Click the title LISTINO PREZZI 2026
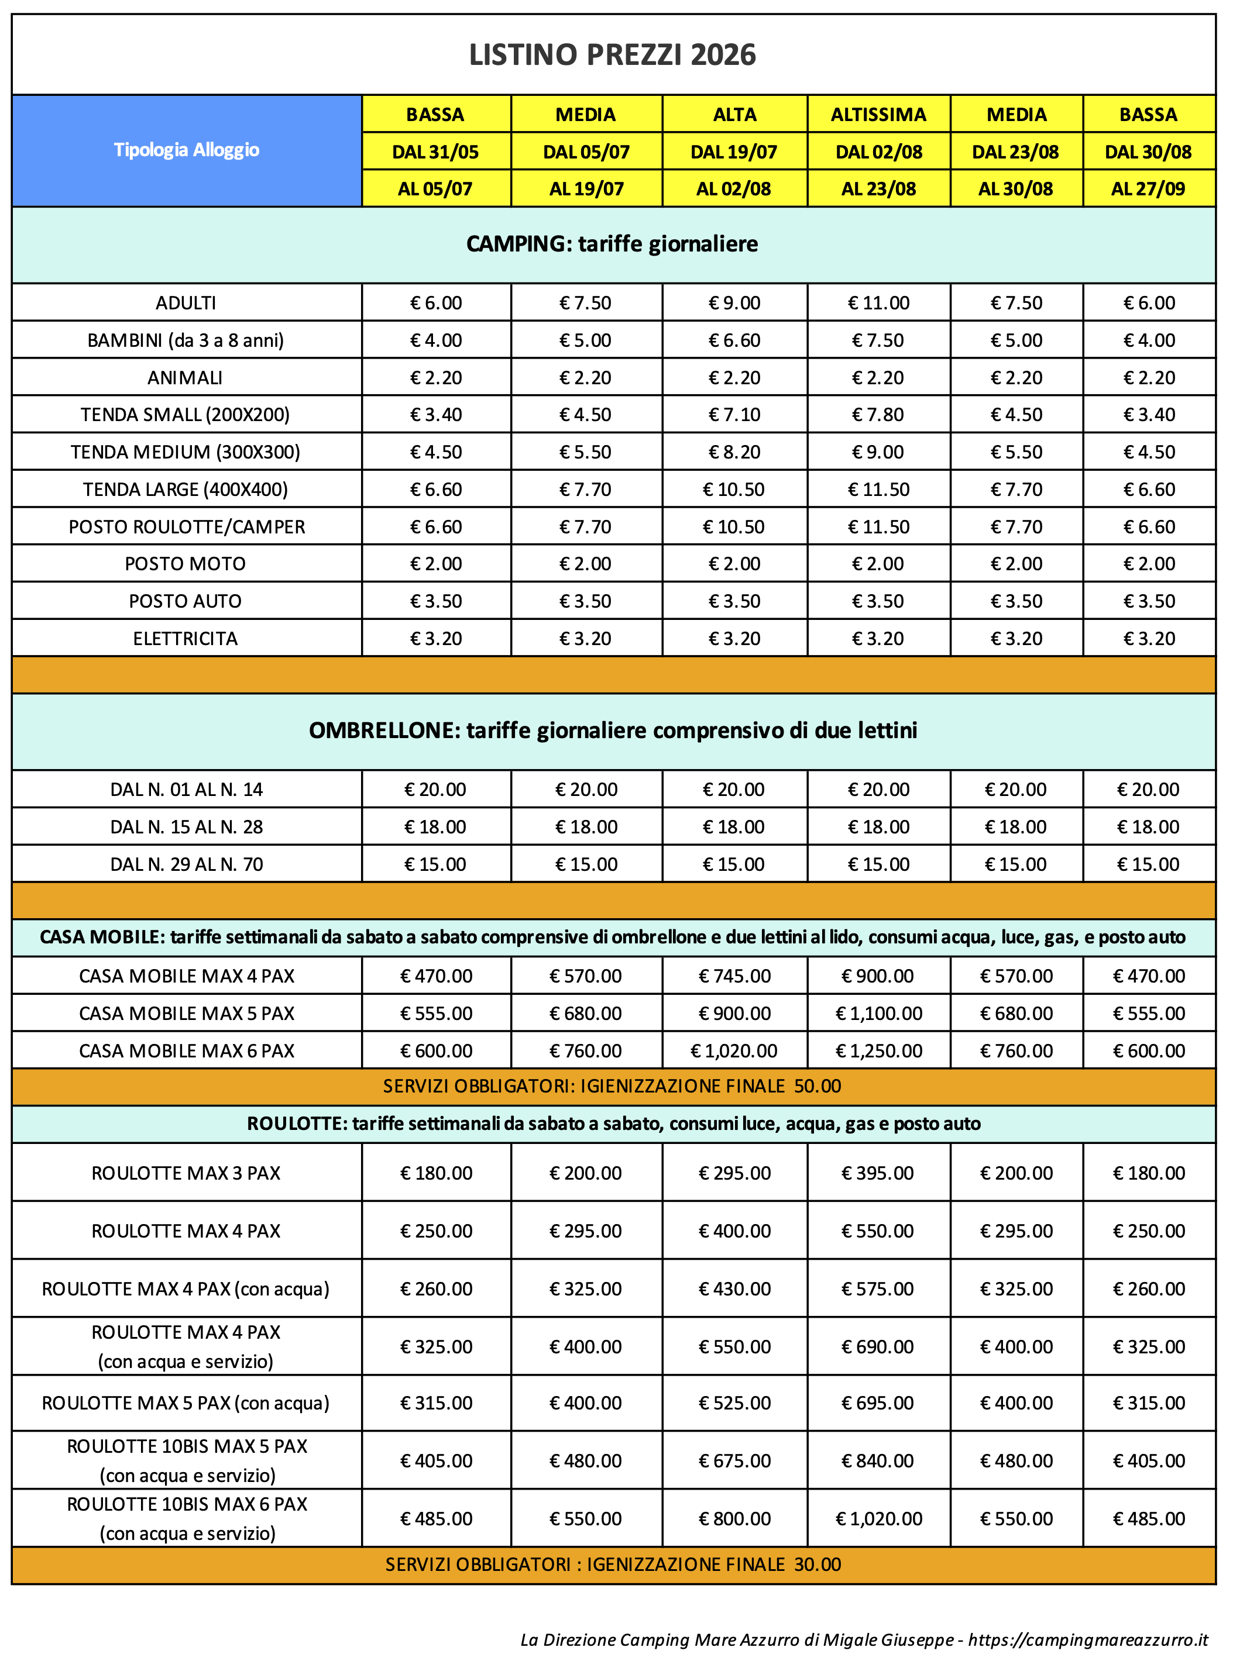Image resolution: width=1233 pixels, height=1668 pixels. coord(612,55)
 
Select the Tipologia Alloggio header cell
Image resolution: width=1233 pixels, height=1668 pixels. coord(187,150)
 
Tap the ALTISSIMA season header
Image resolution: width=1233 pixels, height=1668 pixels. coord(878,114)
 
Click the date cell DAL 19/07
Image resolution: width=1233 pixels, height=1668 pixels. coord(734,151)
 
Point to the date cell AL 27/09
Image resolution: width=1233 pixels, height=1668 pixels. coord(1148,189)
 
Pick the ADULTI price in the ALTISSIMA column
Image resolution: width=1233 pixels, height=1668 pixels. coord(878,303)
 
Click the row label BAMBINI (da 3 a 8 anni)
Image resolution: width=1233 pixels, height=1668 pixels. coord(186,340)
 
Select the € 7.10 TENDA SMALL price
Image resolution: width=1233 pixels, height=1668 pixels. coord(734,415)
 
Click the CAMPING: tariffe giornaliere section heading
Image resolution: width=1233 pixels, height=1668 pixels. coord(612,244)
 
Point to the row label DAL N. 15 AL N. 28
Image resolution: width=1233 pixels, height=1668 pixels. coord(187,826)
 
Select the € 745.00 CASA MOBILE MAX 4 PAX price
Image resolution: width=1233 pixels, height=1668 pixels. coord(734,976)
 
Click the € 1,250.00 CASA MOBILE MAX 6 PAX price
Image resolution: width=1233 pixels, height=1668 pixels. coord(878,1050)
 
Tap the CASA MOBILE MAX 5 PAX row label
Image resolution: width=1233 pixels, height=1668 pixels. coord(187,1013)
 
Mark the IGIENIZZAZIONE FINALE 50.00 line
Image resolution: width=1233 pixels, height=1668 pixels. coord(612,1086)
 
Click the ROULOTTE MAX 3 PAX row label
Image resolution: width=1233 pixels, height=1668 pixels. coord(186,1173)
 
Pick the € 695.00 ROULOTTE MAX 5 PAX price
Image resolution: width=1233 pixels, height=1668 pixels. coord(878,1402)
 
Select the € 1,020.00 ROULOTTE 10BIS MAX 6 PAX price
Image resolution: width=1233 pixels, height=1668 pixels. coord(878,1519)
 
